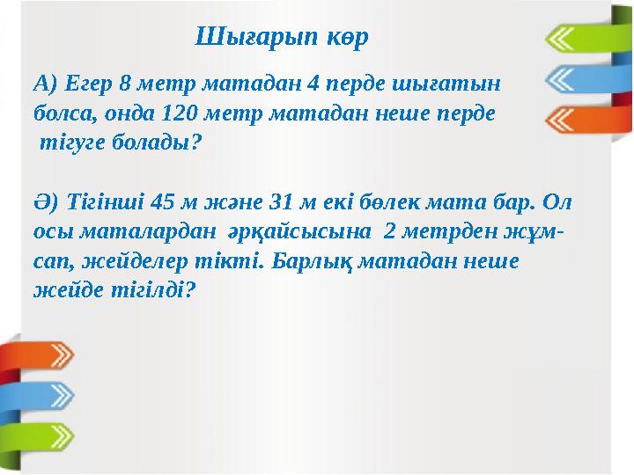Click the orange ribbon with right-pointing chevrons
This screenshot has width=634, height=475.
(40, 355)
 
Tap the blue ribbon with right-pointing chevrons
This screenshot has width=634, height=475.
(40, 394)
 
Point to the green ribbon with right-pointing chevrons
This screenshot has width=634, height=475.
(40, 435)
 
